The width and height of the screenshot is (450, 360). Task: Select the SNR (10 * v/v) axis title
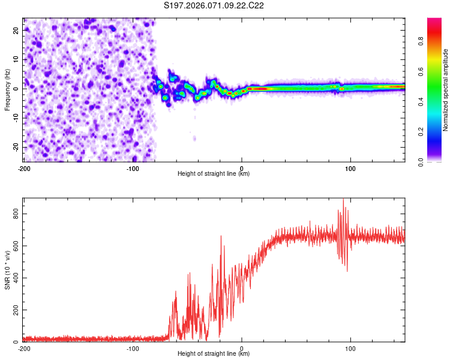[7, 270]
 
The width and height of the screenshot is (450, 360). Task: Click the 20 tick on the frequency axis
[17, 29]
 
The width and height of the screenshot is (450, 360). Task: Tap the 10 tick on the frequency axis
[17, 59]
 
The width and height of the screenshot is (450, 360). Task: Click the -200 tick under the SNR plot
[24, 349]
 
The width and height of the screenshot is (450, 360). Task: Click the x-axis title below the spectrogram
[214, 174]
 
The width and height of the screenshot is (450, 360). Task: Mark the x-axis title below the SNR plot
[214, 354]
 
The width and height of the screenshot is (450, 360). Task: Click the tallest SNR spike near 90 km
[343, 200]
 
